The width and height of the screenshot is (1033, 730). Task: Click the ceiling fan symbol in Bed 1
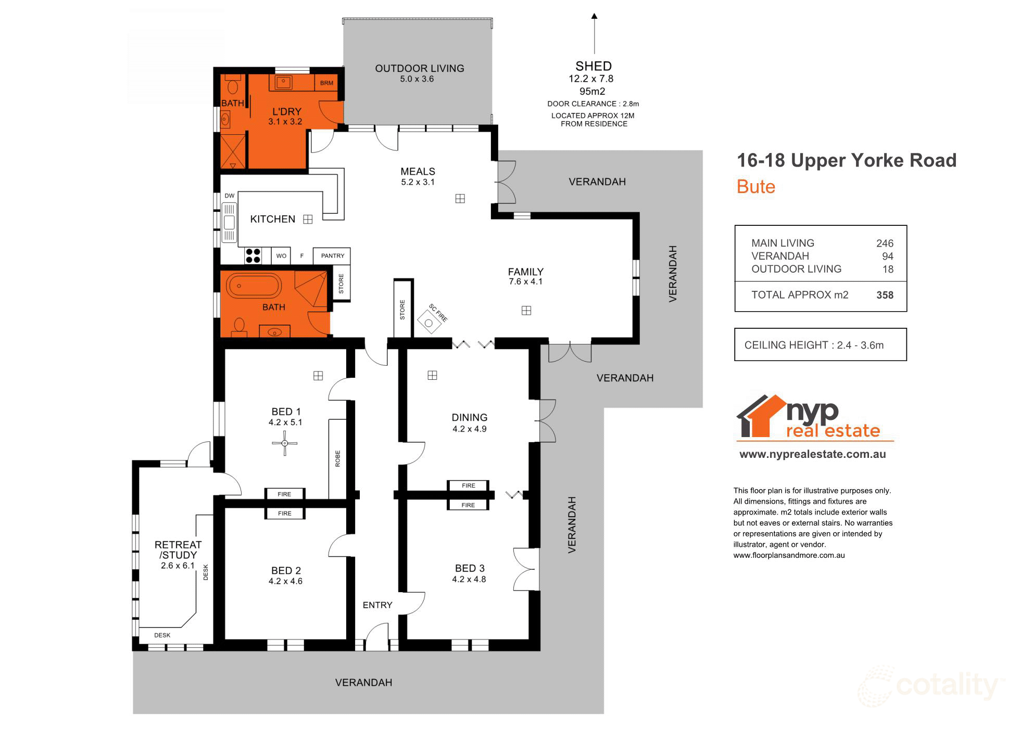point(285,443)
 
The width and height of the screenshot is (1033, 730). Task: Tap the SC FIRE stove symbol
point(429,323)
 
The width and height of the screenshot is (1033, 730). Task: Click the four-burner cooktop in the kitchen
point(253,255)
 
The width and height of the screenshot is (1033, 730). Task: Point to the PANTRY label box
point(332,255)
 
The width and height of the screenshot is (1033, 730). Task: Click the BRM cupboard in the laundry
point(326,83)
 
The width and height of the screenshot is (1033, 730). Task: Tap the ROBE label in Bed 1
point(337,458)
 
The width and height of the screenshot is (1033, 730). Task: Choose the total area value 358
point(884,295)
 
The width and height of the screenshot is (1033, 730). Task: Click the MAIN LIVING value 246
point(884,243)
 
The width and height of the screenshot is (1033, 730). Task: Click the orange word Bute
point(755,187)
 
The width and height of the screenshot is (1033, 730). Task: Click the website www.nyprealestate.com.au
point(812,454)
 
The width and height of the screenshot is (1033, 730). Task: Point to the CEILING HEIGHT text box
point(820,344)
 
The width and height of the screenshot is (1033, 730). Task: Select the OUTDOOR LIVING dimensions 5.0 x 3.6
point(417,79)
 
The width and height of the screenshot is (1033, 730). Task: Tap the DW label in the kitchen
point(229,196)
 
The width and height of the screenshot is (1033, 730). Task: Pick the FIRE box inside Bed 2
point(284,514)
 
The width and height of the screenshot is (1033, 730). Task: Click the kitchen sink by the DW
point(229,223)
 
